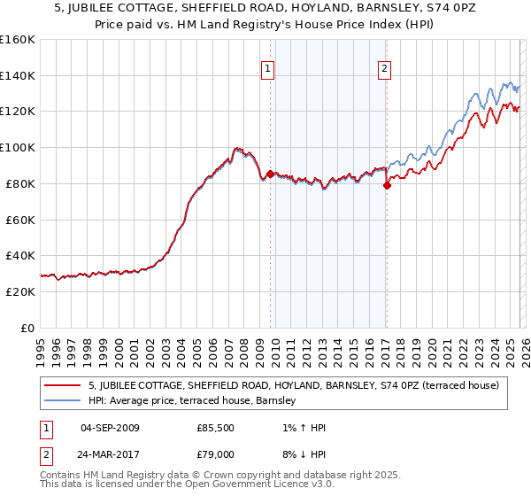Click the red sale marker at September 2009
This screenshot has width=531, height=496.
pyautogui.click(x=270, y=174)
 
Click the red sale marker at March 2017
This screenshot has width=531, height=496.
pyautogui.click(x=387, y=185)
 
